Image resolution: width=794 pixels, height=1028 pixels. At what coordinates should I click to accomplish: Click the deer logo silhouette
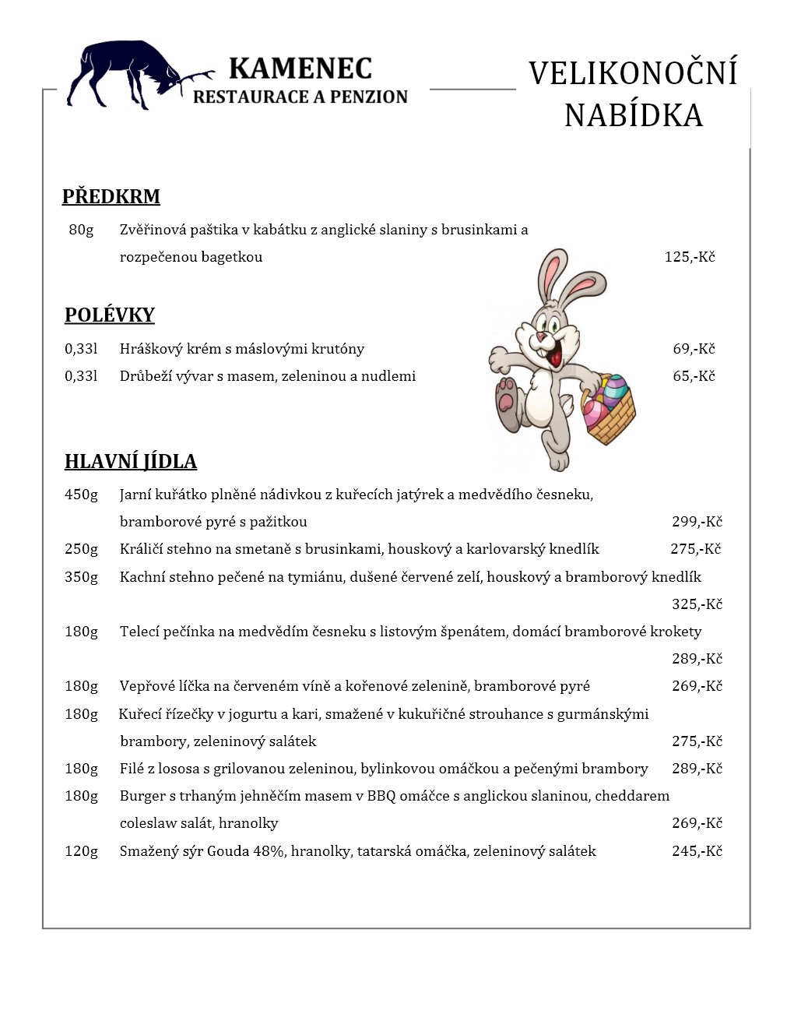coord(128,74)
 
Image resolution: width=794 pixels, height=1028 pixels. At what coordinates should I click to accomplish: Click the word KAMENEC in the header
coord(300,69)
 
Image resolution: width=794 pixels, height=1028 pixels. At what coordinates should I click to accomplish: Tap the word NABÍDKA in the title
coord(633,115)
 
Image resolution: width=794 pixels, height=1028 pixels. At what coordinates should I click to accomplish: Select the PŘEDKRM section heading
coord(111,196)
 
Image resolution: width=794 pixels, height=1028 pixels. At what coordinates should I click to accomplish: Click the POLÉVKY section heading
coord(109,315)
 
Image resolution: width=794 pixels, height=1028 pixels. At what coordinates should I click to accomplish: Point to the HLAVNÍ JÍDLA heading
coord(130,462)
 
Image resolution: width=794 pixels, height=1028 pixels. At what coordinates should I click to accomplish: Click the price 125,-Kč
coord(689,257)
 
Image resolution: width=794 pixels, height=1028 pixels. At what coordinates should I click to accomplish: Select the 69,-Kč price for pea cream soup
coord(694,349)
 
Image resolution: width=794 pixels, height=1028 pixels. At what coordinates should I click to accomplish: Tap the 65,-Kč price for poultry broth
coord(694,376)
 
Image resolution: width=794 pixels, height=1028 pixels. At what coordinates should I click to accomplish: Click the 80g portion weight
coord(81,230)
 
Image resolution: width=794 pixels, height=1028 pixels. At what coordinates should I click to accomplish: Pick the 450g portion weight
coord(81,495)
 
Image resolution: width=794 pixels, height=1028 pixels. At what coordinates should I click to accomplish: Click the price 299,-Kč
coord(697,522)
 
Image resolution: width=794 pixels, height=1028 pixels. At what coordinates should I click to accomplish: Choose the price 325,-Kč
coord(697,604)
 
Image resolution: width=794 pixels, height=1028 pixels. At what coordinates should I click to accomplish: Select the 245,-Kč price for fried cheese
coord(697,851)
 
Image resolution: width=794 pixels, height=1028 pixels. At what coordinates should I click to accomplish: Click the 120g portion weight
coord(81,851)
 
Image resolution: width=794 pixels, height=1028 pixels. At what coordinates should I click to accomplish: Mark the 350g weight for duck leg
coord(81,577)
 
